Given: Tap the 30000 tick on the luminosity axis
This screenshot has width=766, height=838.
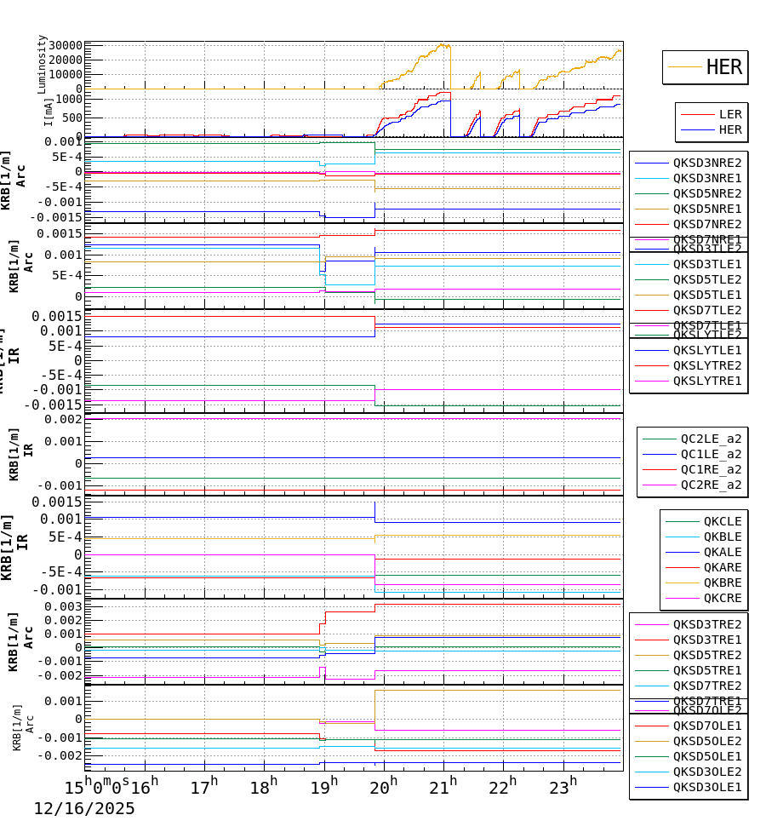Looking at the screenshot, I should click(65, 46).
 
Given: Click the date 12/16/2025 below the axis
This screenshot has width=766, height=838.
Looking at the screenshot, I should click(84, 809).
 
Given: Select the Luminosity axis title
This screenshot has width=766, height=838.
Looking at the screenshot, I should click(42, 64).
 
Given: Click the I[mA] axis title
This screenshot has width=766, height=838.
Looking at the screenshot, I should click(49, 112).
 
